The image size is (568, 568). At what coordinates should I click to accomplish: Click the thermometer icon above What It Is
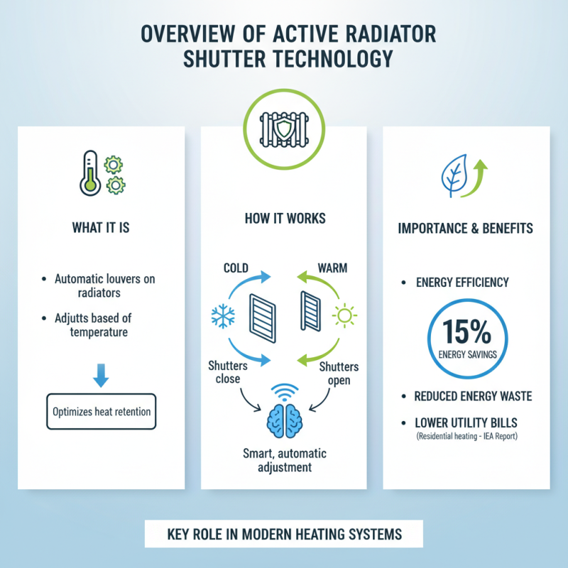pos(89,172)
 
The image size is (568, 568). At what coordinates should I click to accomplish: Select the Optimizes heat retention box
pos(101,410)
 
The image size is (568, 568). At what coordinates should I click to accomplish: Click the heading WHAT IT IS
pos(101,229)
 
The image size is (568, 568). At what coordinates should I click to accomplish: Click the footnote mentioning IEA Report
pos(466,435)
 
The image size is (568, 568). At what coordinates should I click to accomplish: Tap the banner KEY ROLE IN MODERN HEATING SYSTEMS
pos(283,533)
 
